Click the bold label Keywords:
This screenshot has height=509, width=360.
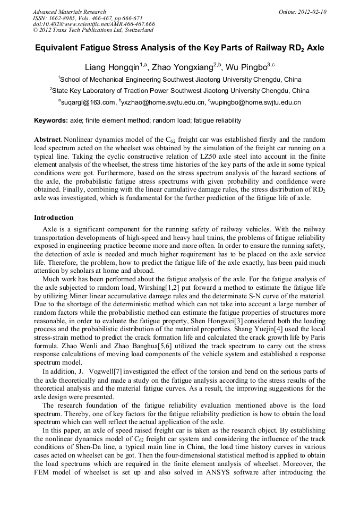pos(50,121)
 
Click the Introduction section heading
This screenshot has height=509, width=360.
pos(54,218)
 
